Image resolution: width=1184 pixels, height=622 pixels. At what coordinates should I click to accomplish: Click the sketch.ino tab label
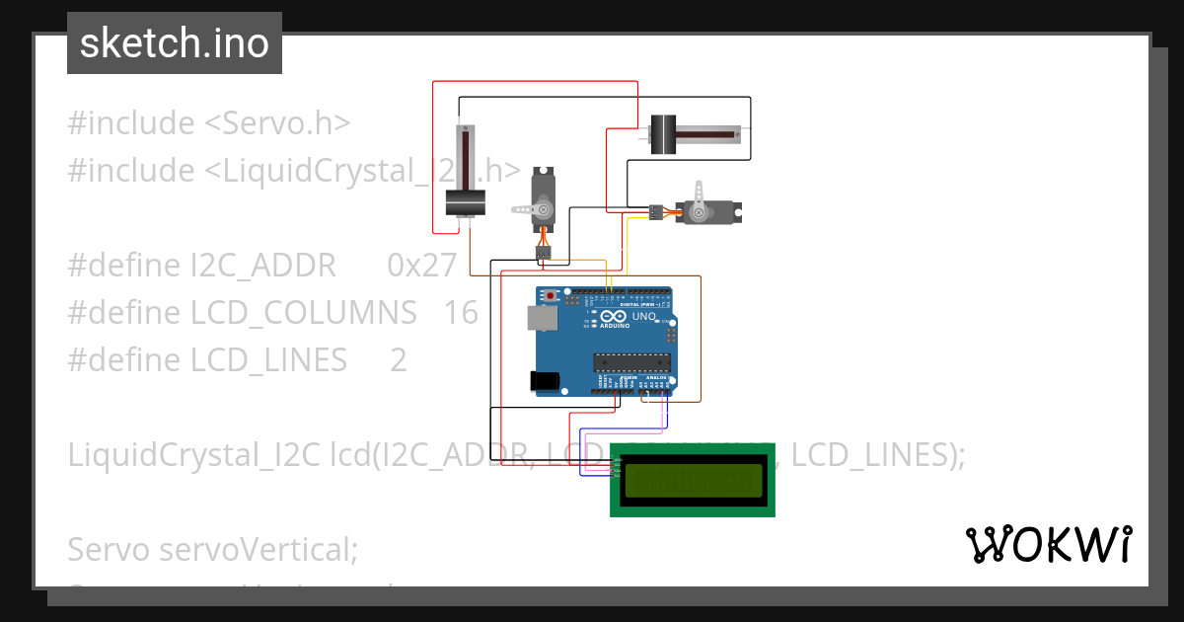(174, 43)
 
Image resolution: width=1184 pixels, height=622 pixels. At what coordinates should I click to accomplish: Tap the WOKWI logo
(1048, 544)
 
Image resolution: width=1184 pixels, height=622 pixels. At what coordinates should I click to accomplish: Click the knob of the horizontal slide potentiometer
(662, 134)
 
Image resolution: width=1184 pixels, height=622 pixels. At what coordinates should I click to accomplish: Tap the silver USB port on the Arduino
(541, 317)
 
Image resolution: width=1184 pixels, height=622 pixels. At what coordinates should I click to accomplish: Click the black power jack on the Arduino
(544, 380)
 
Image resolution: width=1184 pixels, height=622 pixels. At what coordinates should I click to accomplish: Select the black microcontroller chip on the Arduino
(631, 363)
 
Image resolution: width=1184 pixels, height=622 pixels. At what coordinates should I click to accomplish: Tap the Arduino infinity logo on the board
(614, 317)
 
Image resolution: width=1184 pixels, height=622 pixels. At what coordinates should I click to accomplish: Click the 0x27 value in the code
(422, 265)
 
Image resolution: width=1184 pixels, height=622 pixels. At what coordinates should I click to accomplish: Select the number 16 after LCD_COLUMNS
(461, 312)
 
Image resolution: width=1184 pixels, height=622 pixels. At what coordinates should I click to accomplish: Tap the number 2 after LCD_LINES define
(398, 359)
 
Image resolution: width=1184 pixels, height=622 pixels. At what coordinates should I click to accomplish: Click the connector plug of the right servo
(655, 211)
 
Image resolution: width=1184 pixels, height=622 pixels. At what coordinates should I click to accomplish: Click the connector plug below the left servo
(544, 253)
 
